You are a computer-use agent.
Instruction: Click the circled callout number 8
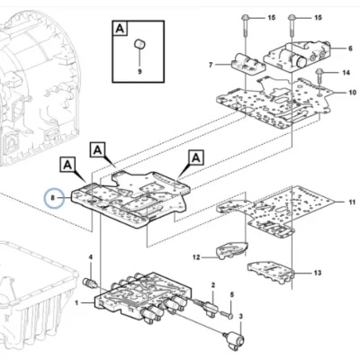(53, 198)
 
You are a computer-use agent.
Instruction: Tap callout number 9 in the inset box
(139, 72)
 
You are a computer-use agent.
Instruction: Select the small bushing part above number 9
(139, 44)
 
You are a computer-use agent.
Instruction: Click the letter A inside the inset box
(120, 29)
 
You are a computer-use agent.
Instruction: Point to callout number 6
(350, 48)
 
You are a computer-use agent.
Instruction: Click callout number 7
(211, 65)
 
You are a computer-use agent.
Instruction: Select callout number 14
(346, 73)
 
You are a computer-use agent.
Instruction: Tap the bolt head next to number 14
(319, 71)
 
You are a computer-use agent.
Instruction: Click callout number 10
(352, 93)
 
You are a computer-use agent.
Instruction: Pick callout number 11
(352, 202)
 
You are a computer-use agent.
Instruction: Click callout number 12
(196, 257)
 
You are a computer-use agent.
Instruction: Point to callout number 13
(318, 273)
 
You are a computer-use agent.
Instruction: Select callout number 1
(76, 303)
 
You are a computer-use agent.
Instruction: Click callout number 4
(91, 257)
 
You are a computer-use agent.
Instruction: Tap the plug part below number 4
(89, 283)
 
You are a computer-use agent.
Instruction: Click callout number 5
(231, 295)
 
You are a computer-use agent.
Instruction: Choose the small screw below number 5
(229, 315)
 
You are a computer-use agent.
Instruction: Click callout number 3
(240, 316)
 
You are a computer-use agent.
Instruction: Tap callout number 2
(213, 285)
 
